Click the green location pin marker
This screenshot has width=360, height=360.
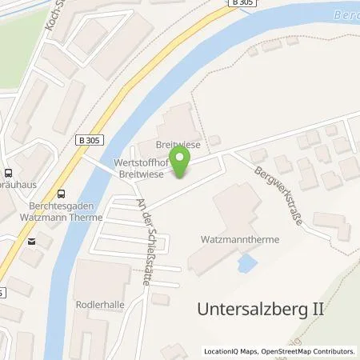[181, 164]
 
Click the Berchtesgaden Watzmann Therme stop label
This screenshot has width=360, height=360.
[56, 210]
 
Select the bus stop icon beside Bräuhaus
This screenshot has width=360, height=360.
[7, 172]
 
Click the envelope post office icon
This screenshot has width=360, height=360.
[30, 240]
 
